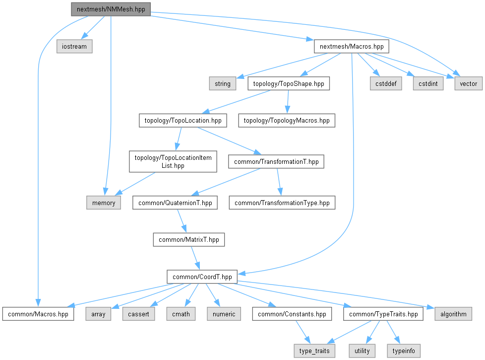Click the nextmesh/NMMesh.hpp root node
110,9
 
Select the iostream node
74,47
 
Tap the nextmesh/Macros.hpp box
351,47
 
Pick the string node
223,83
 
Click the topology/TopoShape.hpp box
288,83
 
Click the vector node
468,83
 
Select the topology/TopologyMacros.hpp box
286,120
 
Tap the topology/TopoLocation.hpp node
182,120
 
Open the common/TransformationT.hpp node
276,161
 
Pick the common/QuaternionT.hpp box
175,203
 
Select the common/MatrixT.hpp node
188,240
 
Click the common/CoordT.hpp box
202,277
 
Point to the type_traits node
314,351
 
